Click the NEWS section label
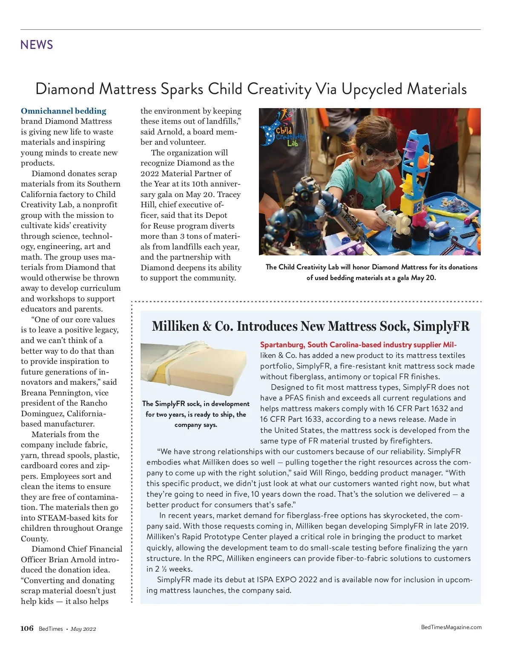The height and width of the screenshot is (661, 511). (x=37, y=45)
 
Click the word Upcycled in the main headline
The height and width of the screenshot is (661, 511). (x=371, y=89)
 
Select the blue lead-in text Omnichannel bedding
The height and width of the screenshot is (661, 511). (x=63, y=111)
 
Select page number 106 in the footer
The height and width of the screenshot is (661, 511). (x=27, y=629)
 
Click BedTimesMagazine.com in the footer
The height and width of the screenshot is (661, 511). (x=451, y=627)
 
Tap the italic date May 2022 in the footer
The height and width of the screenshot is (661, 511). (x=83, y=629)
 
